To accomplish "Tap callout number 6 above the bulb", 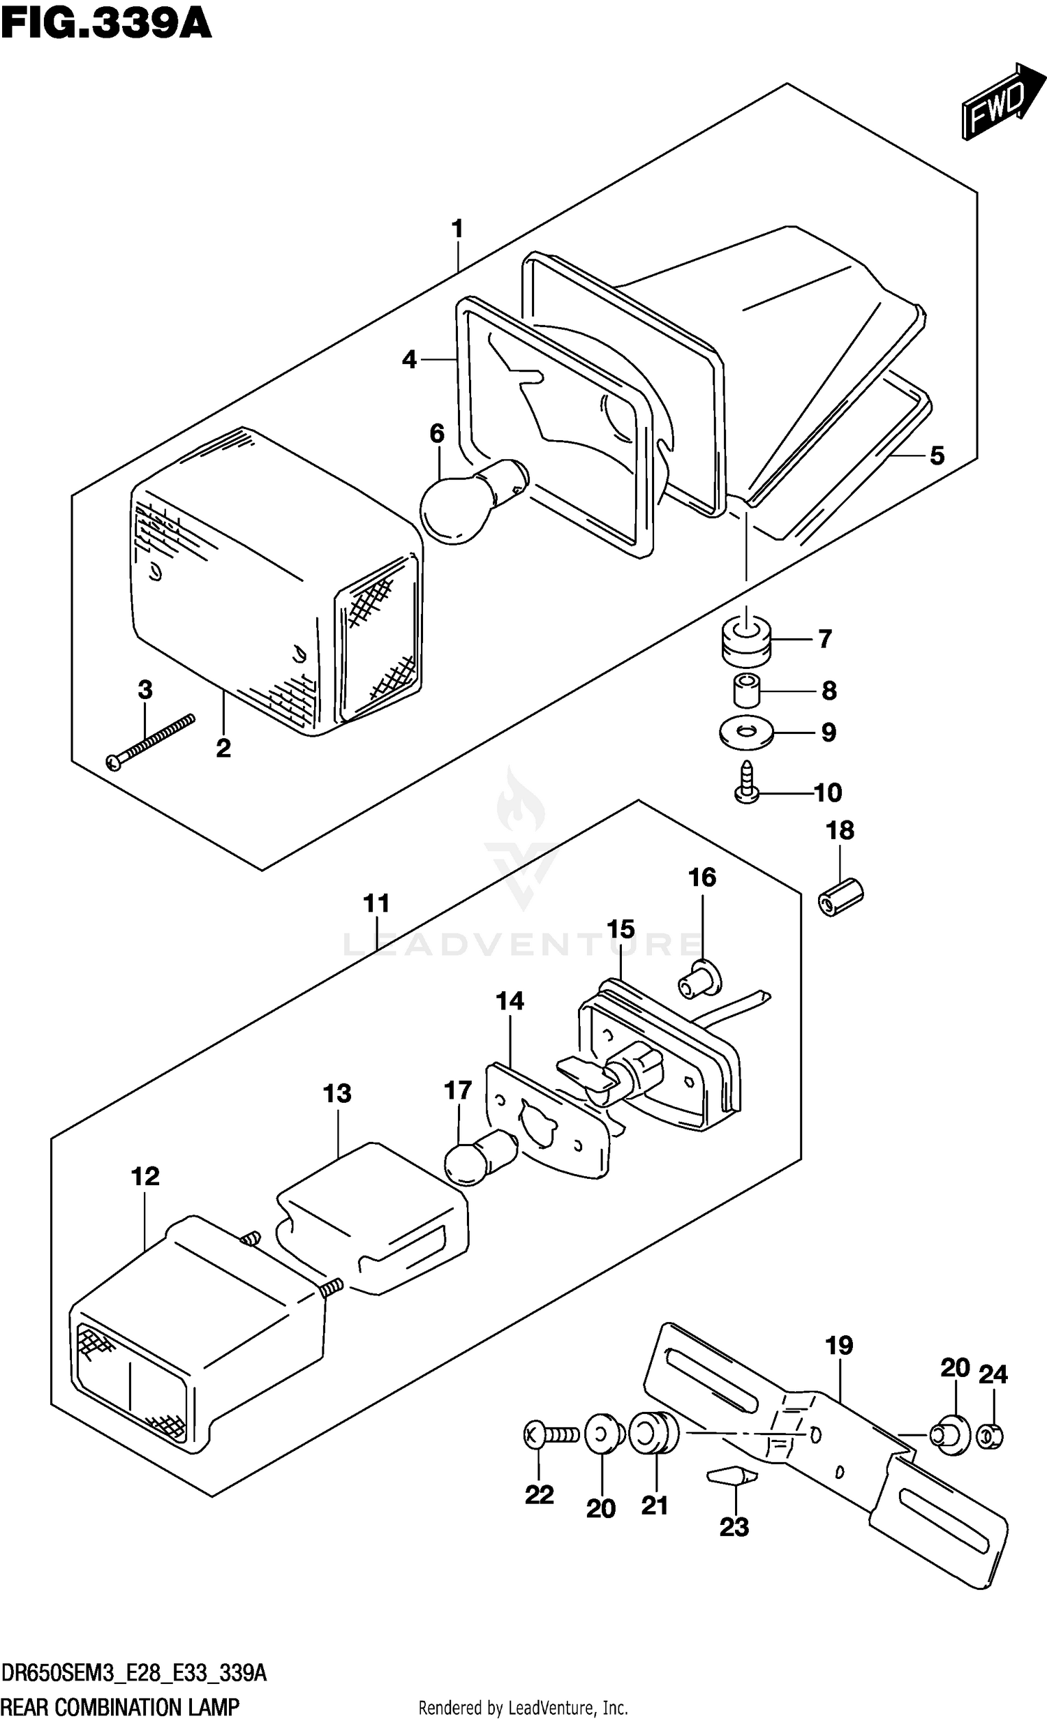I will [437, 434].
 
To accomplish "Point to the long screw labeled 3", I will [149, 741].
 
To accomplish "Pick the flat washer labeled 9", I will [746, 733].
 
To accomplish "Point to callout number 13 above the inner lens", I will [337, 1093].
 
